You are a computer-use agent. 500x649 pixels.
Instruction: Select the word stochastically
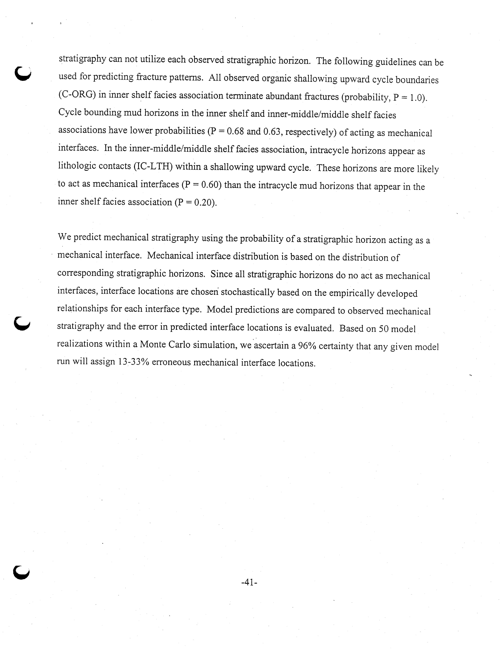coord(248,292)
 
